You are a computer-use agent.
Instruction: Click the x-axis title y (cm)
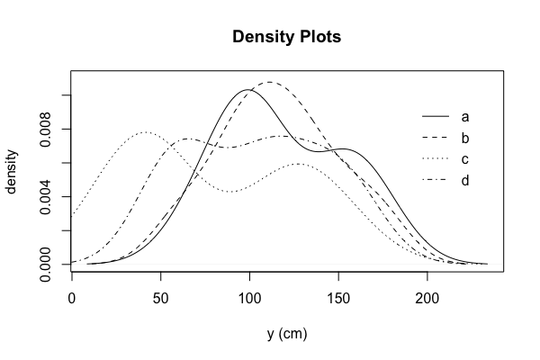(287, 334)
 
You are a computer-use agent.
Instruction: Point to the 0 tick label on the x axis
(72, 298)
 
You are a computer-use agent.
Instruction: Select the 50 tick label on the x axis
(160, 298)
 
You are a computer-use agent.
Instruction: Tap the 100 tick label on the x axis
(249, 298)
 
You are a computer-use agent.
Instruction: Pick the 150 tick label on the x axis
(338, 298)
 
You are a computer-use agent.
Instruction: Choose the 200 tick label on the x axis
(427, 298)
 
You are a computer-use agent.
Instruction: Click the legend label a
(465, 117)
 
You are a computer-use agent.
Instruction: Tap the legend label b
(465, 139)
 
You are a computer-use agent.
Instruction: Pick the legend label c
(465, 160)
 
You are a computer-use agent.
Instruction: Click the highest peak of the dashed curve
(269, 82)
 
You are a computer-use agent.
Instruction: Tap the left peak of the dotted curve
(146, 132)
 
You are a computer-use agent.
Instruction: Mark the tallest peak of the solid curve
(247, 89)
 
